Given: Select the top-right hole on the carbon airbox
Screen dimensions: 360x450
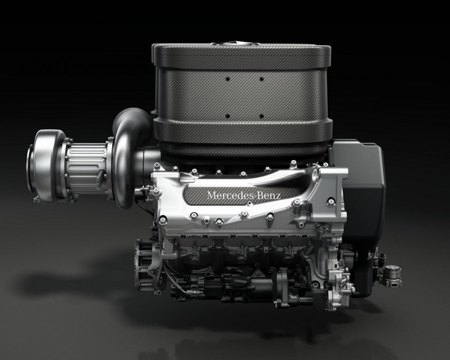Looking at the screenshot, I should [262, 78].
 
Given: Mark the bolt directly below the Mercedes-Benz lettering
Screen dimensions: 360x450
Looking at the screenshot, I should [245, 214].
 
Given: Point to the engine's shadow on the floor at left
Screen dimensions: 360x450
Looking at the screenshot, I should [69, 281].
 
